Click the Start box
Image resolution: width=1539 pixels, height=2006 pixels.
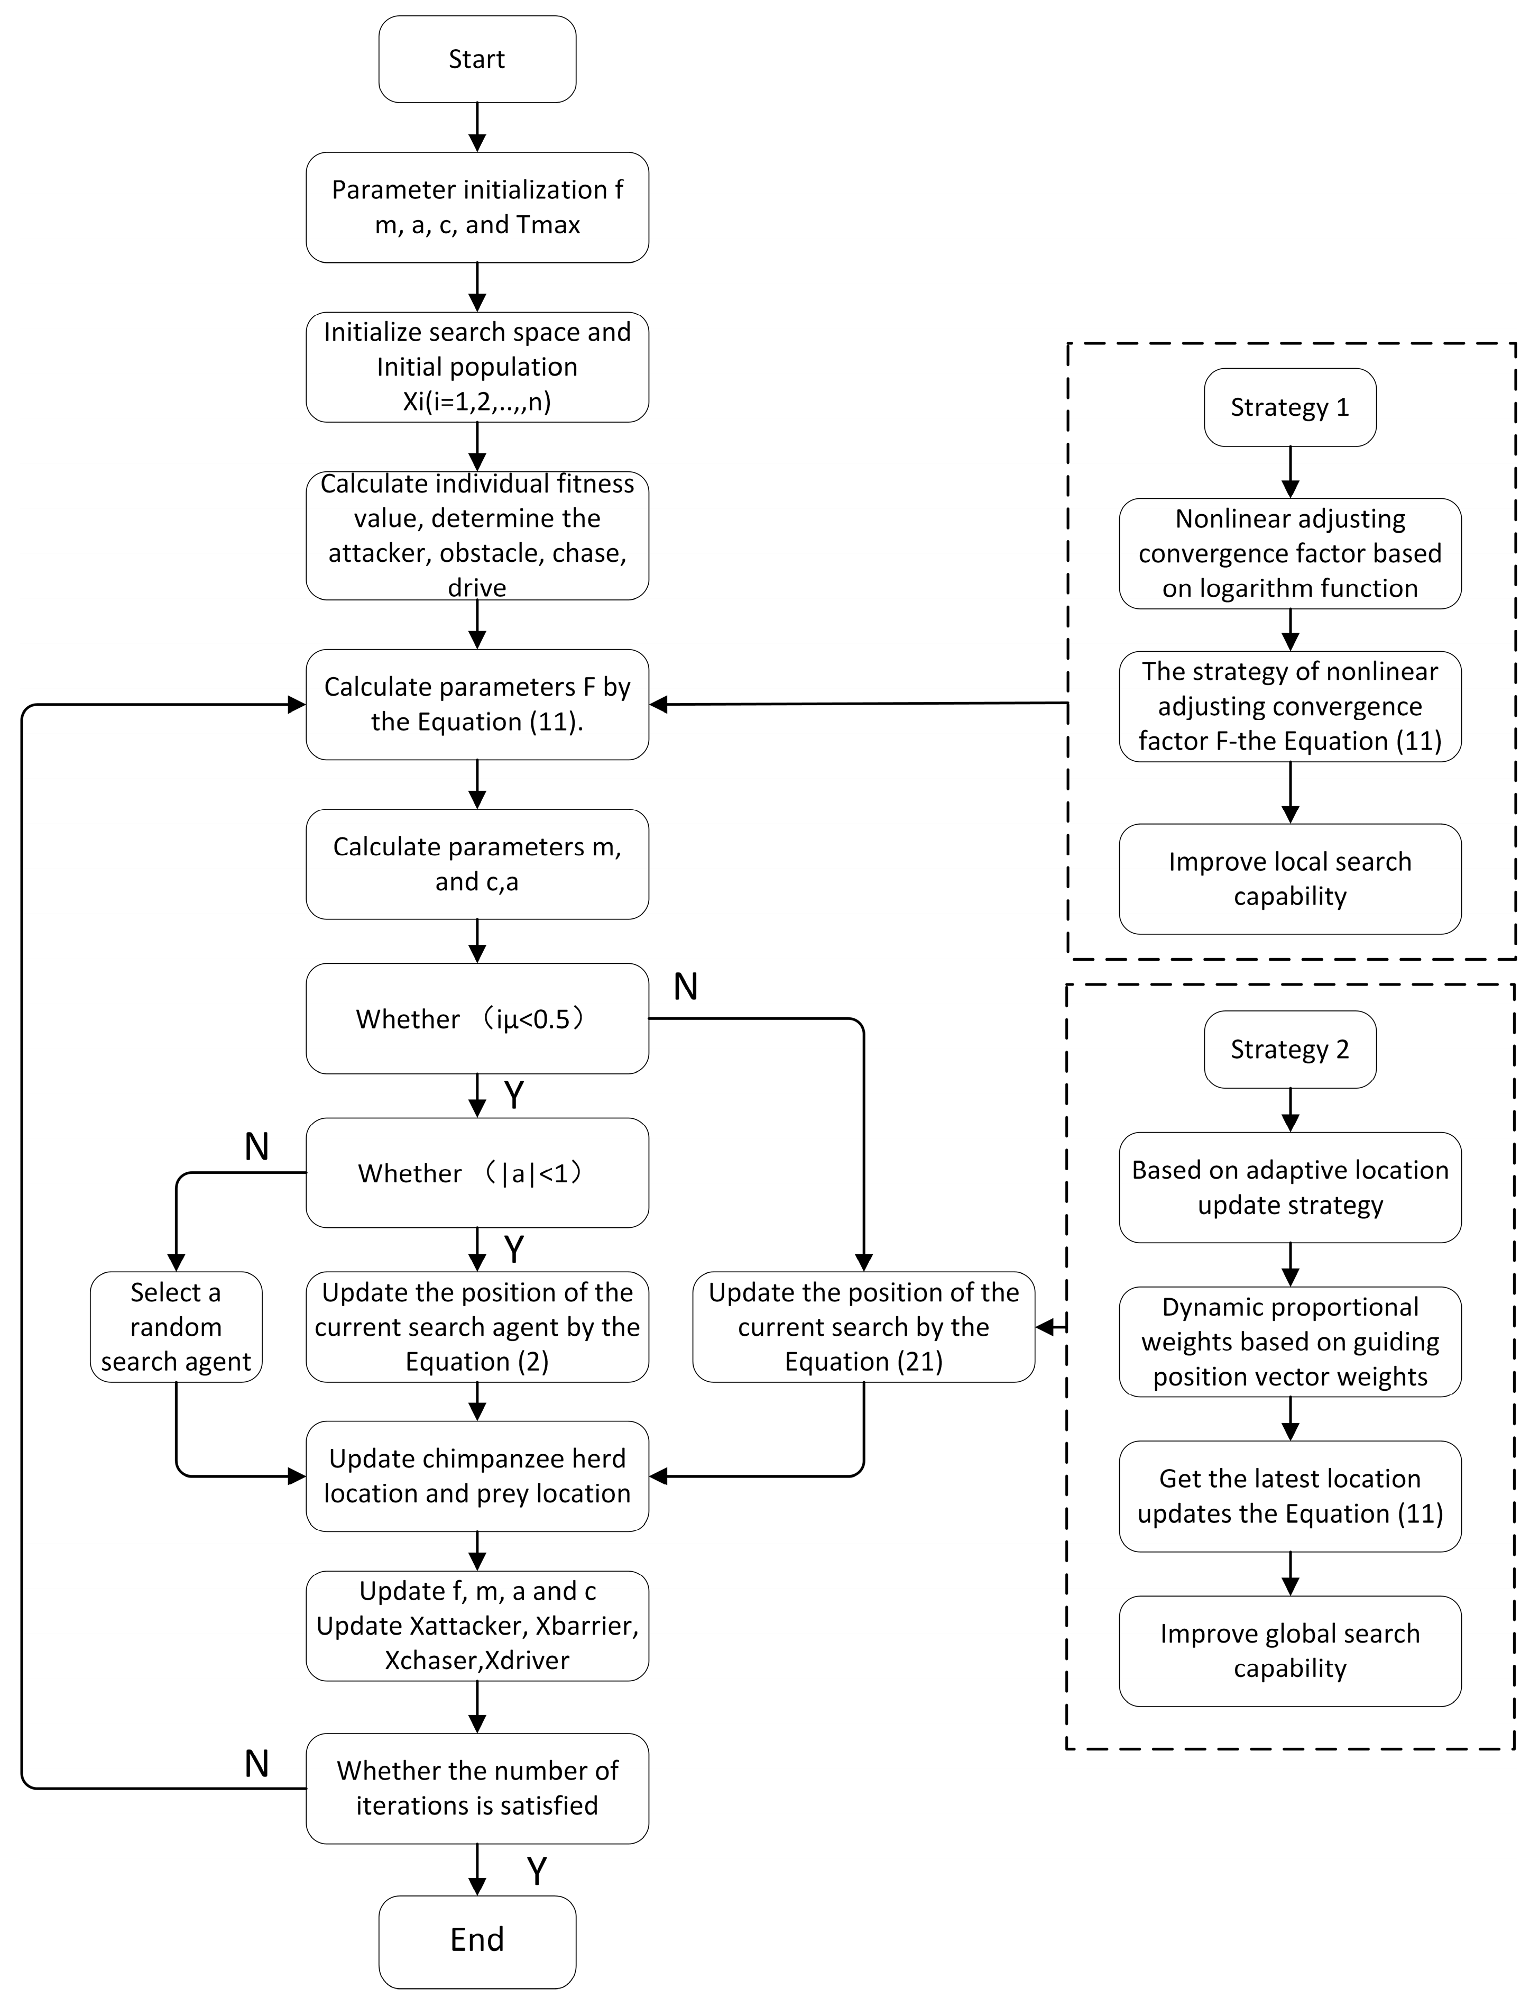(x=476, y=59)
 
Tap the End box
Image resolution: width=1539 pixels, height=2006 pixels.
(x=476, y=1939)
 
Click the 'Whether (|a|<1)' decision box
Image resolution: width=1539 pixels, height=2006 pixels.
(x=476, y=1173)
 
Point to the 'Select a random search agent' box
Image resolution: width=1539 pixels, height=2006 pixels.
(x=176, y=1326)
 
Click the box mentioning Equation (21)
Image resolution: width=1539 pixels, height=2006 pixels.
(x=863, y=1326)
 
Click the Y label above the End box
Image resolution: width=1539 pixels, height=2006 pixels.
(x=537, y=1871)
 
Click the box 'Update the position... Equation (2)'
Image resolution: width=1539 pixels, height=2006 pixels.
(x=476, y=1326)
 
